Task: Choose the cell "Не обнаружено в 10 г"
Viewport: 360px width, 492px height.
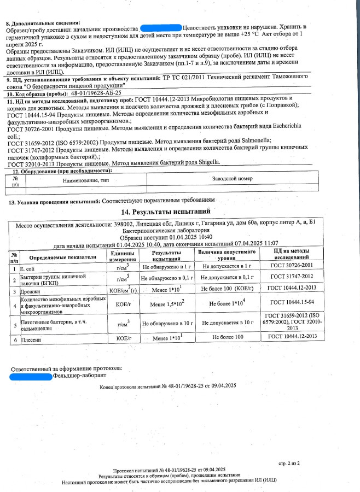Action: [167, 324]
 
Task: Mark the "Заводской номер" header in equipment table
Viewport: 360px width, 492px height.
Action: [232, 179]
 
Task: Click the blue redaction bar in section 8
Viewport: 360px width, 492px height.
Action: [161, 26]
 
